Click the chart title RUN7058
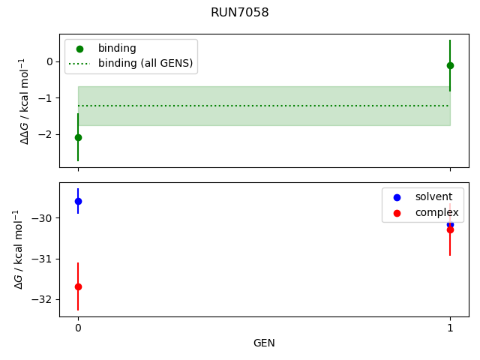[240, 13]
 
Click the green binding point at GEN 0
[78, 137]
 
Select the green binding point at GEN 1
[450, 65]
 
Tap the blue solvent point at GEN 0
[78, 201]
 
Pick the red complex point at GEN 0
[78, 286]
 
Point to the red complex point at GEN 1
[450, 229]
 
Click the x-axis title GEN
[264, 343]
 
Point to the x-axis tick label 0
[78, 328]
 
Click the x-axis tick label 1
[450, 328]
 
